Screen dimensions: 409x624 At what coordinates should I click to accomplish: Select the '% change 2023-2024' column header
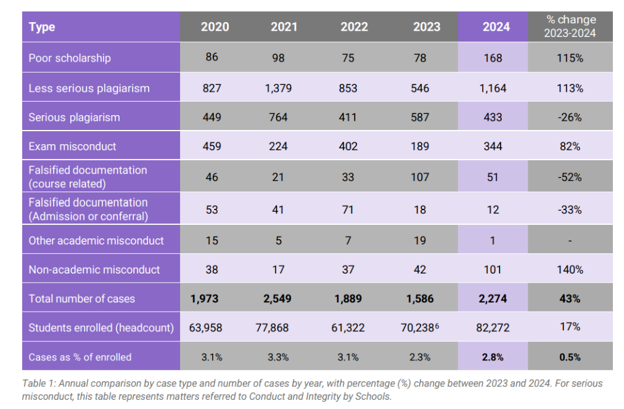pos(570,26)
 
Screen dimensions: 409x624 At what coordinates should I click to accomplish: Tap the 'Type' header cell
pos(42,26)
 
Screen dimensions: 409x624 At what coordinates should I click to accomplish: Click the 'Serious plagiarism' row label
pos(74,117)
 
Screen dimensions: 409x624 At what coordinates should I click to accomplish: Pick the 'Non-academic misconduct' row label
pos(94,269)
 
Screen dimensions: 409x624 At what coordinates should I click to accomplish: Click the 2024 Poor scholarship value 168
pos(493,58)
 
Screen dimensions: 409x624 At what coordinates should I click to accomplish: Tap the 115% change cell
pos(570,58)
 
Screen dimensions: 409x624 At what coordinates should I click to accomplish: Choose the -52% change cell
pos(570,177)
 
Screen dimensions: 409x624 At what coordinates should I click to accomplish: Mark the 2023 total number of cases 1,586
pos(420,299)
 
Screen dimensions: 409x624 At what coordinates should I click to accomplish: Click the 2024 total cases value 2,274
pos(493,299)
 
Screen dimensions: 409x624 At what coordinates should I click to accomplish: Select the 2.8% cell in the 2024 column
pos(493,357)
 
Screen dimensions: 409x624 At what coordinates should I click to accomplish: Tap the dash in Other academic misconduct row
pos(570,241)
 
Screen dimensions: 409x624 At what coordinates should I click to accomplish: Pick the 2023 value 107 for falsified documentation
pos(420,177)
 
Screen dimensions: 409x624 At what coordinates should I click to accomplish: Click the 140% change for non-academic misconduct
pos(570,269)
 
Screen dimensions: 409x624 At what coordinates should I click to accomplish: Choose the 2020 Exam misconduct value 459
pos(212,146)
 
